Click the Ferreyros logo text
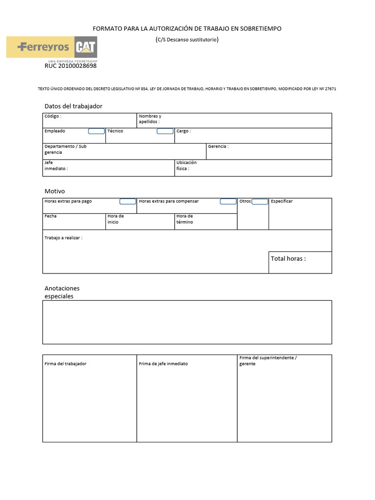tap(43, 47)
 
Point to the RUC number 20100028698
tap(70, 66)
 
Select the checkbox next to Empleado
tap(96, 131)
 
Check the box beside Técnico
tap(165, 131)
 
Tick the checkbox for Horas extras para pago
tap(127, 202)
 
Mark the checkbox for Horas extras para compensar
tap(228, 202)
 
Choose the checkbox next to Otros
tap(260, 202)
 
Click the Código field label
tap(53, 117)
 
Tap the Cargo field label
tap(183, 131)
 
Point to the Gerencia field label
tap(218, 146)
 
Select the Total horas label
tap(288, 259)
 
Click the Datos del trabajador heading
tap(73, 106)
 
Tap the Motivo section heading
tap(55, 191)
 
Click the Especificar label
tap(282, 202)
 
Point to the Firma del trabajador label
tap(65, 364)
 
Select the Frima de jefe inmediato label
tap(163, 364)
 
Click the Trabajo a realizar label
tap(63, 238)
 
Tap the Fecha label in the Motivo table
tap(50, 216)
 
